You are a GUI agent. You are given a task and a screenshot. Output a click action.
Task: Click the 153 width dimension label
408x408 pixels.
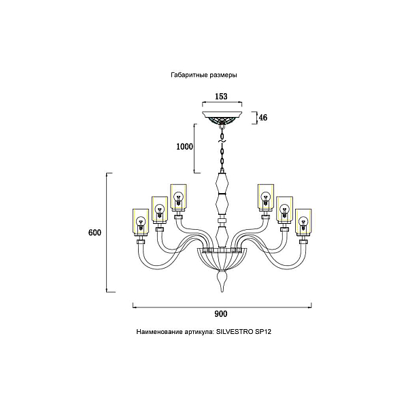221,97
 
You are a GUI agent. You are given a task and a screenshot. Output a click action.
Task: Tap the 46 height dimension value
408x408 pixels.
263,118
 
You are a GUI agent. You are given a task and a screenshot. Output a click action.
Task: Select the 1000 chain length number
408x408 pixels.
185,147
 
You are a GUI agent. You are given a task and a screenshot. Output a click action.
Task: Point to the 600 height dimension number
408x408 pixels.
95,233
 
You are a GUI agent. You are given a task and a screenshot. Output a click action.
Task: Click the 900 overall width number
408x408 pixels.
221,313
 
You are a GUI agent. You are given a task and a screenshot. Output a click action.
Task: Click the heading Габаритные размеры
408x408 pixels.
204,75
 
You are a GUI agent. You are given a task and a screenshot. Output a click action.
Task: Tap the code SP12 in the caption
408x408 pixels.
262,332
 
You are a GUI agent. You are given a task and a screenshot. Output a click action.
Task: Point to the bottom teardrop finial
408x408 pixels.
222,281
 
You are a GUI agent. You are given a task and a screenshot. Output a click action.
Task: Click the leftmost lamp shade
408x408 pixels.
141,222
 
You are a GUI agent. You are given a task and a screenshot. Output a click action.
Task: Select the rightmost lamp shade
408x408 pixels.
303,222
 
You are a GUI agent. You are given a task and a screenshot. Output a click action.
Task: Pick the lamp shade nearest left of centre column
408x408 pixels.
178,197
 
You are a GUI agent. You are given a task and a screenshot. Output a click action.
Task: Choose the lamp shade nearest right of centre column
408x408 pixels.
266,197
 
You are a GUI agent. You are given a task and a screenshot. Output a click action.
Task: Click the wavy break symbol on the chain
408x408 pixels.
222,141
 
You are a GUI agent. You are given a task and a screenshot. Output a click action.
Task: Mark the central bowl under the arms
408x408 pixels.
222,259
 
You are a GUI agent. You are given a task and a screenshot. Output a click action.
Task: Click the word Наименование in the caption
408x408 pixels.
159,332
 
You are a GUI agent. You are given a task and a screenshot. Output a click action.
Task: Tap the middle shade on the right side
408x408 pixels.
284,210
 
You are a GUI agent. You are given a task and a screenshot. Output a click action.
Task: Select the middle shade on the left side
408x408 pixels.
160,210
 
